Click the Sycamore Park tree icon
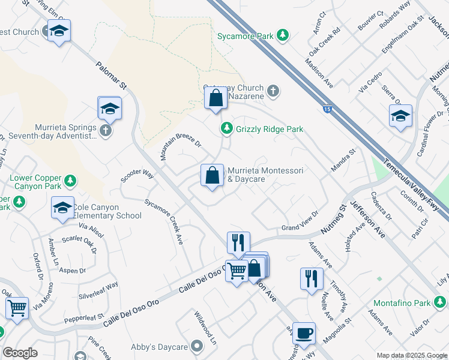pos(283,36)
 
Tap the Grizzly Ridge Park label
pos(270,129)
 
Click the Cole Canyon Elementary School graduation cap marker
pos(62,208)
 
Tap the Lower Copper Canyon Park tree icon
pos(70,180)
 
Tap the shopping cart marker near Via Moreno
pos(17,308)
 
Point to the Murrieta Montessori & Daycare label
pos(265,175)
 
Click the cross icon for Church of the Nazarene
pos(273,91)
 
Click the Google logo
pos(20,353)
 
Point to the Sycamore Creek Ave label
pos(163,221)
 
